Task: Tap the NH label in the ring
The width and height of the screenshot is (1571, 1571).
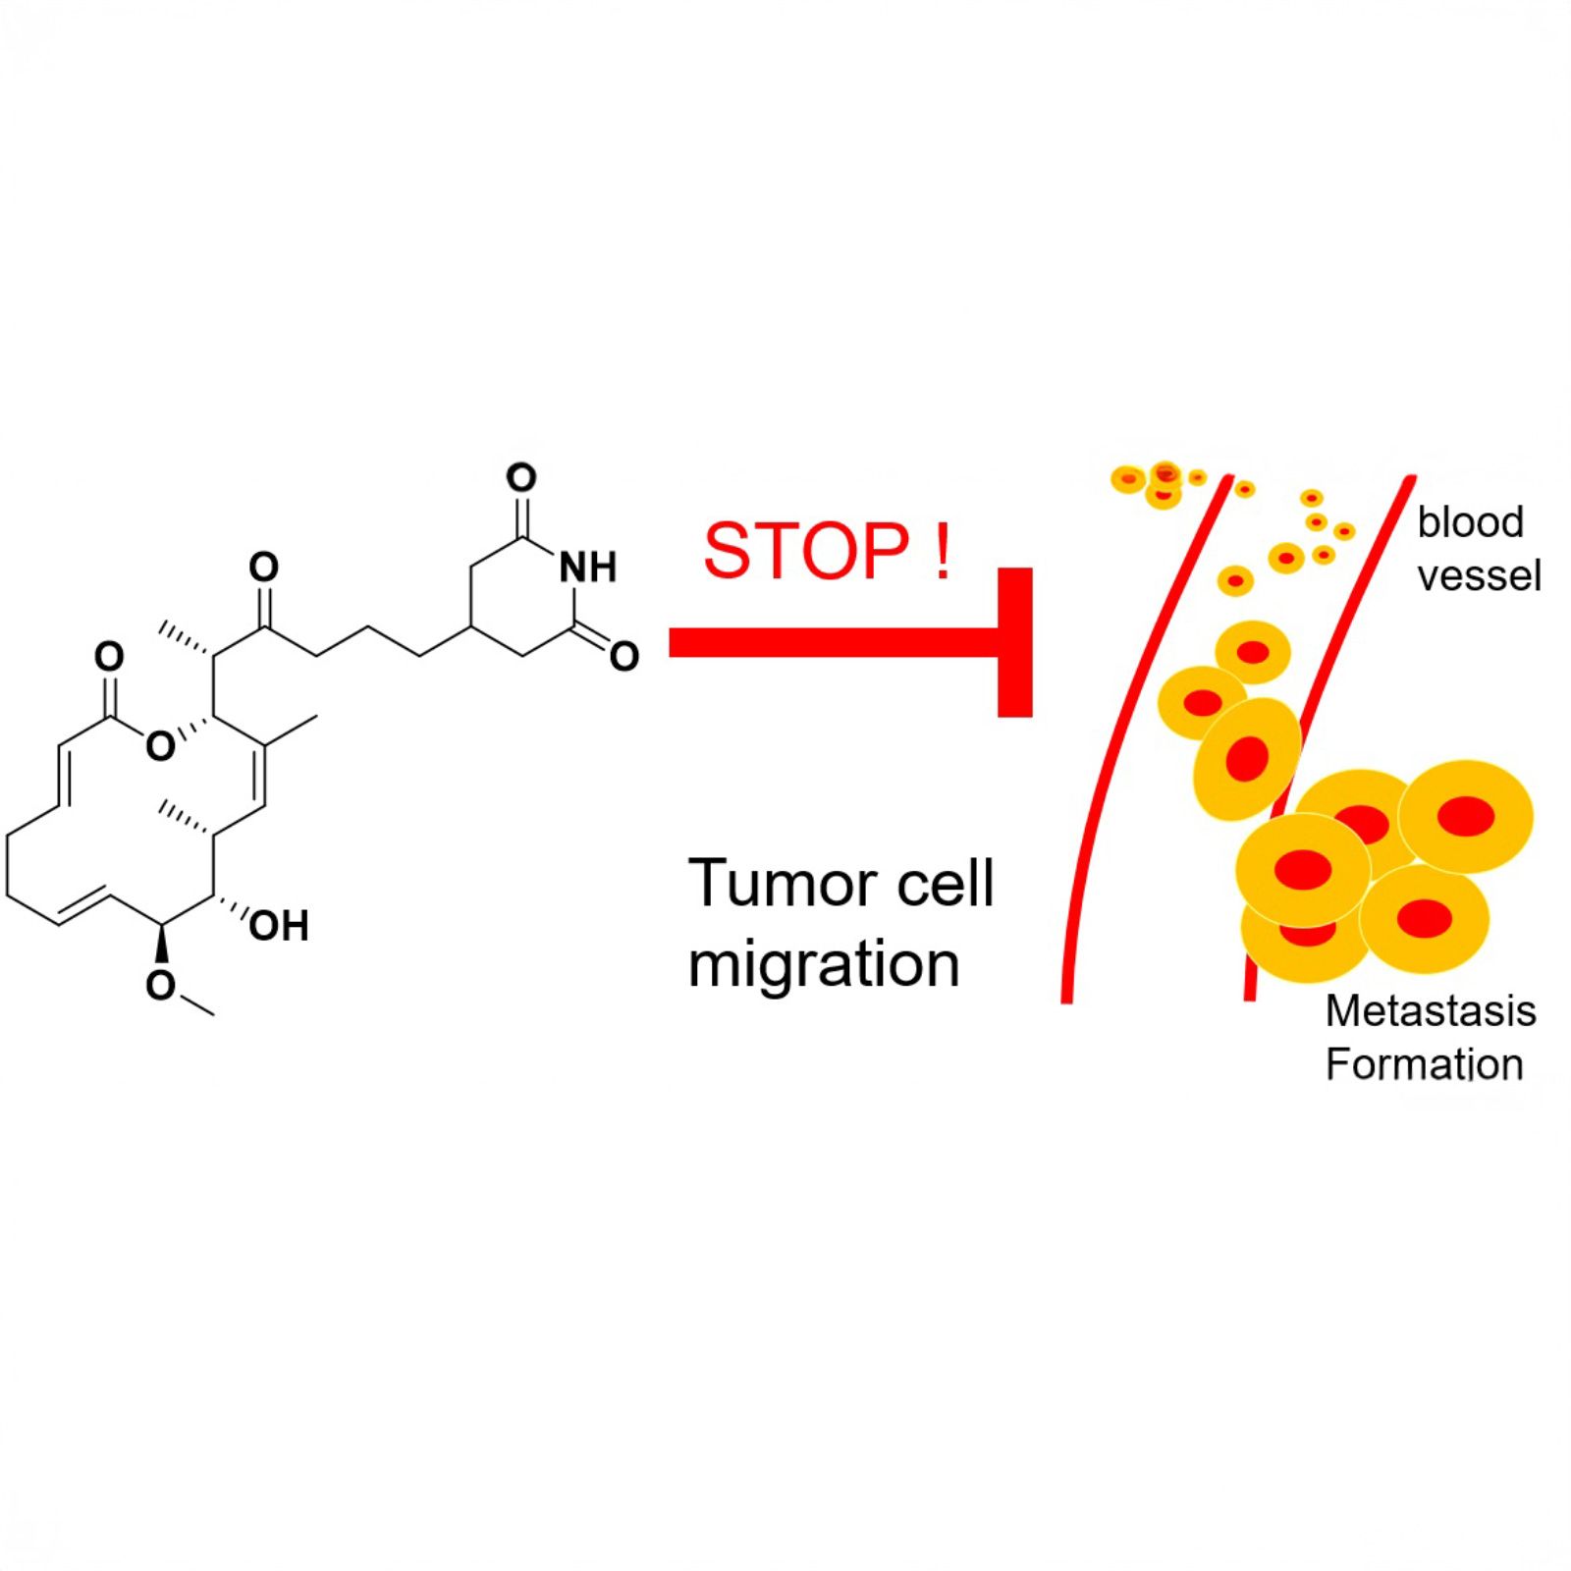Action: point(588,568)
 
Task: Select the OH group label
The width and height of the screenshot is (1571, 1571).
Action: point(279,926)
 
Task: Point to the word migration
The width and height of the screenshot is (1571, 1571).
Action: point(824,965)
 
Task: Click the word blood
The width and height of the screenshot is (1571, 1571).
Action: point(1470,522)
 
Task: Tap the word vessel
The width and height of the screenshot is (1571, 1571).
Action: point(1479,576)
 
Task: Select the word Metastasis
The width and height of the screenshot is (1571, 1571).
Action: point(1431,1011)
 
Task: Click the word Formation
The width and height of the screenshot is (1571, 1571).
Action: point(1424,1064)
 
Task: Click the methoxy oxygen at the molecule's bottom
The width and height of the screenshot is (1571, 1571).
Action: point(160,985)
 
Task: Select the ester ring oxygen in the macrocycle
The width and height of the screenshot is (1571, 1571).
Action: point(160,746)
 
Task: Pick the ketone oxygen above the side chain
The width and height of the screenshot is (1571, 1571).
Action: point(263,568)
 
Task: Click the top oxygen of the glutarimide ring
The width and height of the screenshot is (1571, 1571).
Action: point(521,479)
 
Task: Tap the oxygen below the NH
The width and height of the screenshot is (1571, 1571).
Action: point(624,656)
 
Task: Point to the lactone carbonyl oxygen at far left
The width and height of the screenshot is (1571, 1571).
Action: point(109,656)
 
